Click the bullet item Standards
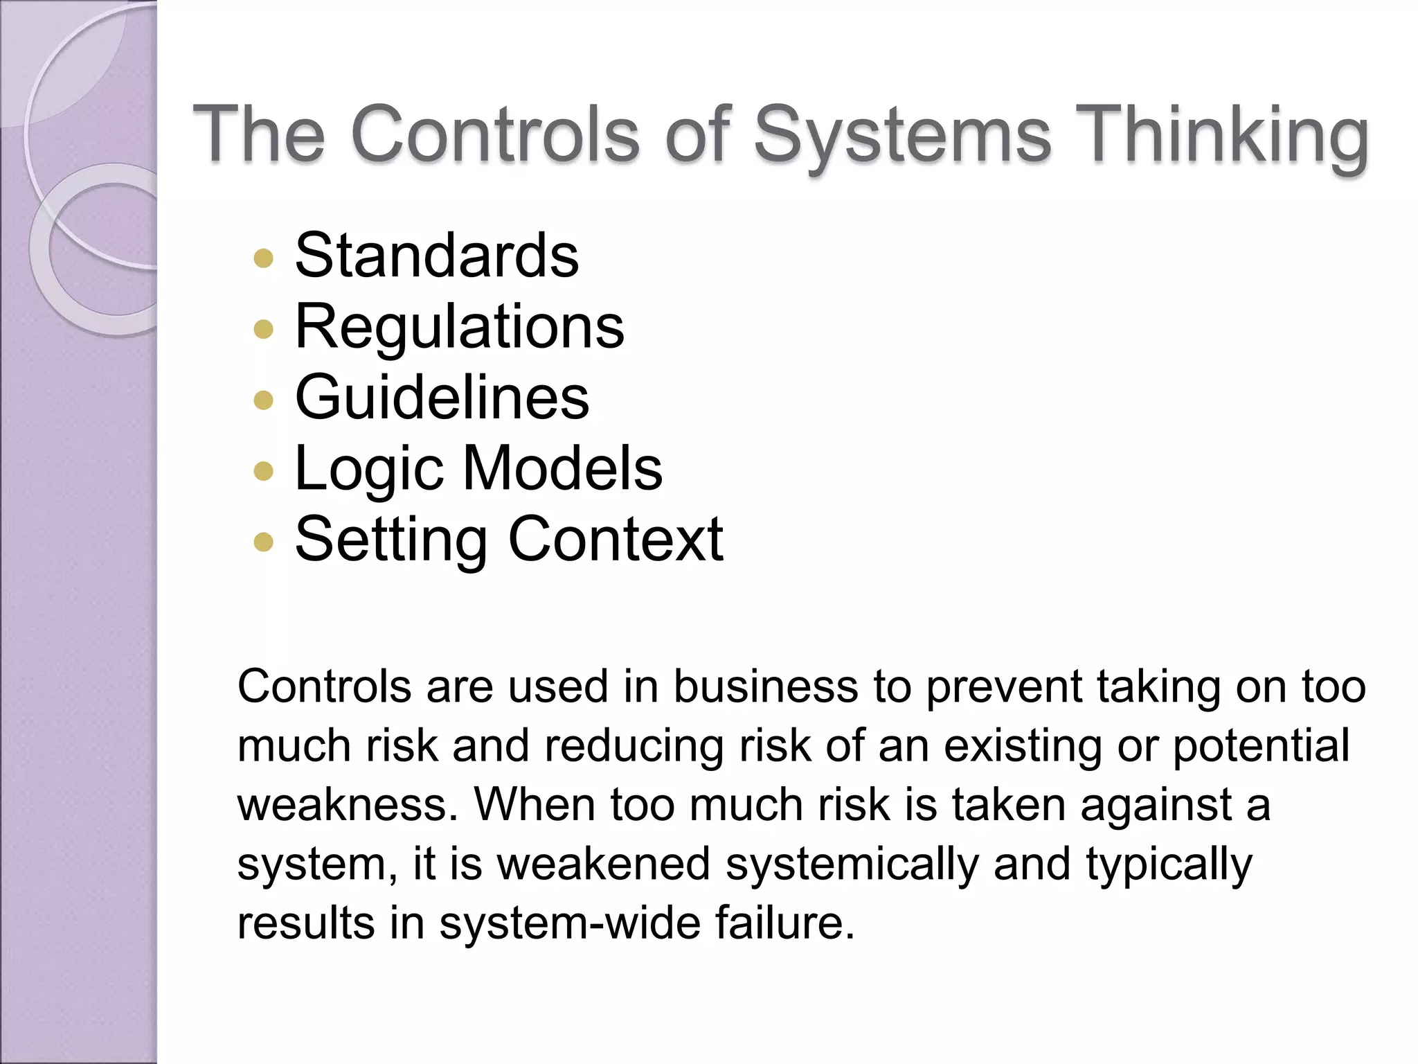[436, 256]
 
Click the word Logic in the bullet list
[368, 469]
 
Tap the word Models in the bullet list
[562, 469]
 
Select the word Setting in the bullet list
[391, 540]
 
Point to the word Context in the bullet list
[616, 540]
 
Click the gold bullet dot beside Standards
[264, 259]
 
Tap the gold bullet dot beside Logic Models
[264, 472]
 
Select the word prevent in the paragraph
[1004, 687]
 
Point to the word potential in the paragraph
[1261, 746]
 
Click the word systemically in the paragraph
[852, 865]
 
